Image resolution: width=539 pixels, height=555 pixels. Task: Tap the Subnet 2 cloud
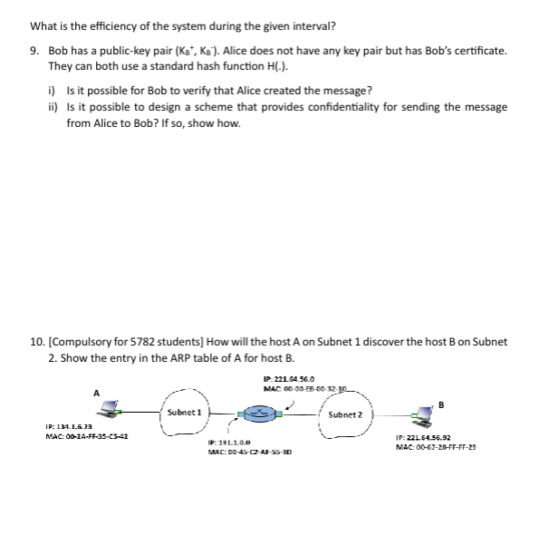tap(344, 414)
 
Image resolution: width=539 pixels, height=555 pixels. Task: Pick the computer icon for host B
tap(422, 415)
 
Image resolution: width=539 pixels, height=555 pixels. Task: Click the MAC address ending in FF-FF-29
tap(437, 447)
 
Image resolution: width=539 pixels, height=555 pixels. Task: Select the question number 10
tap(37, 341)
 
